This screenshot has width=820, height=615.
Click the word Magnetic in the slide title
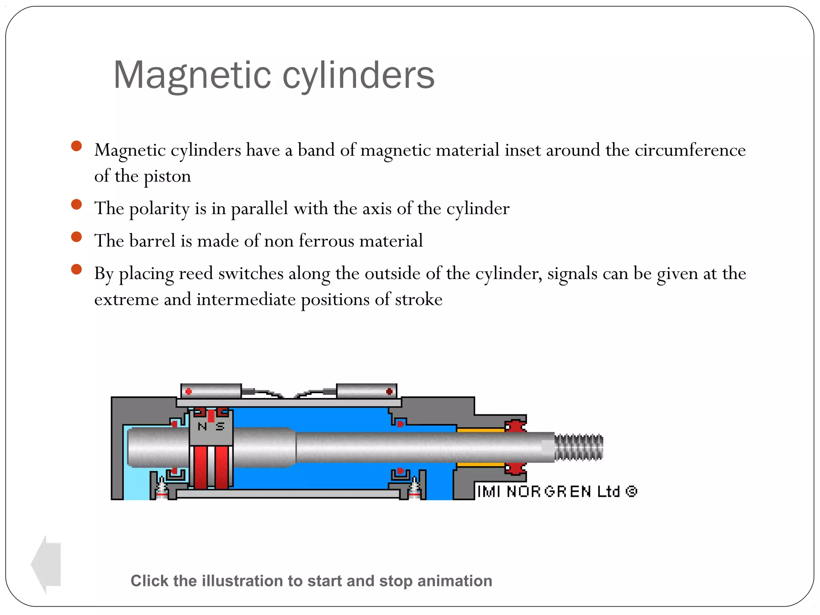(192, 75)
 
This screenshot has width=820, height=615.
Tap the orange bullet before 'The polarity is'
(76, 205)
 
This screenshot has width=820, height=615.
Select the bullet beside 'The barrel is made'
(76, 237)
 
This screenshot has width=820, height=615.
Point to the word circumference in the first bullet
(690, 150)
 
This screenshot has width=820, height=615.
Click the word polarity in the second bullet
(159, 209)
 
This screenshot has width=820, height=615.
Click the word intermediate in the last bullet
(246, 299)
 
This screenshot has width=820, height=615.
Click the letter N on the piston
(203, 427)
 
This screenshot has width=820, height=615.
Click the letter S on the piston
(220, 427)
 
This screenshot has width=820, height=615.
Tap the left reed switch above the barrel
(211, 391)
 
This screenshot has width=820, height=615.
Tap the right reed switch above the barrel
(366, 391)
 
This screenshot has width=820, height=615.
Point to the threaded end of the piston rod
(579, 447)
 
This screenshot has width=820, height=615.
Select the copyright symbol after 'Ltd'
(631, 491)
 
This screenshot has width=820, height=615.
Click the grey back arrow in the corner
(46, 564)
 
